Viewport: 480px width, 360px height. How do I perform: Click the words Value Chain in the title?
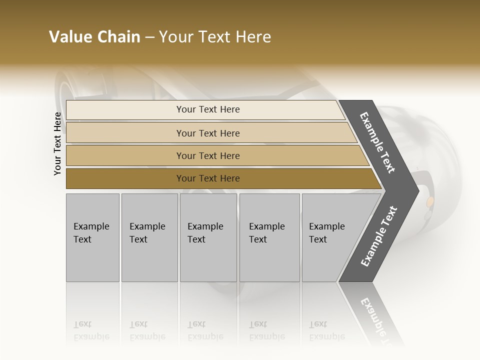(94, 37)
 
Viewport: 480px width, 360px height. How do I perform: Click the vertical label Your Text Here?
(57, 143)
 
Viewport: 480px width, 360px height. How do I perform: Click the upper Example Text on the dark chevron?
(377, 142)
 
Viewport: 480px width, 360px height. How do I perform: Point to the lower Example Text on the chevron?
(379, 236)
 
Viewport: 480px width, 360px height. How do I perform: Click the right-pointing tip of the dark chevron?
(416, 190)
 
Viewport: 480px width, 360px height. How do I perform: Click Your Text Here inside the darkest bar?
(208, 178)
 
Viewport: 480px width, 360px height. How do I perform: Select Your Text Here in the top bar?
(208, 109)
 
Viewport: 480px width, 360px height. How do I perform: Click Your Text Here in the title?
(214, 37)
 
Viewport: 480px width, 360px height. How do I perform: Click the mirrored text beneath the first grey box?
(91, 330)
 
